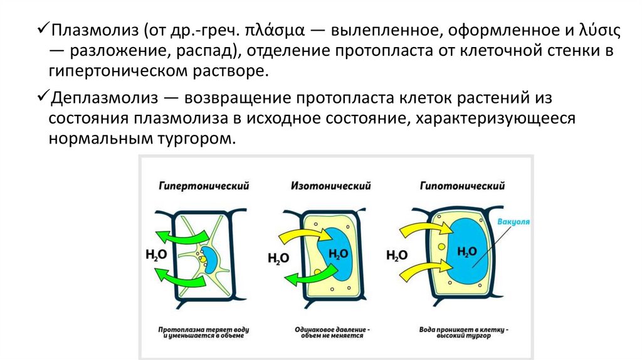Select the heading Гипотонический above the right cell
(463, 186)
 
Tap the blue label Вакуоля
(513, 222)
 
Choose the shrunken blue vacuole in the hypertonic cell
(209, 260)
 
